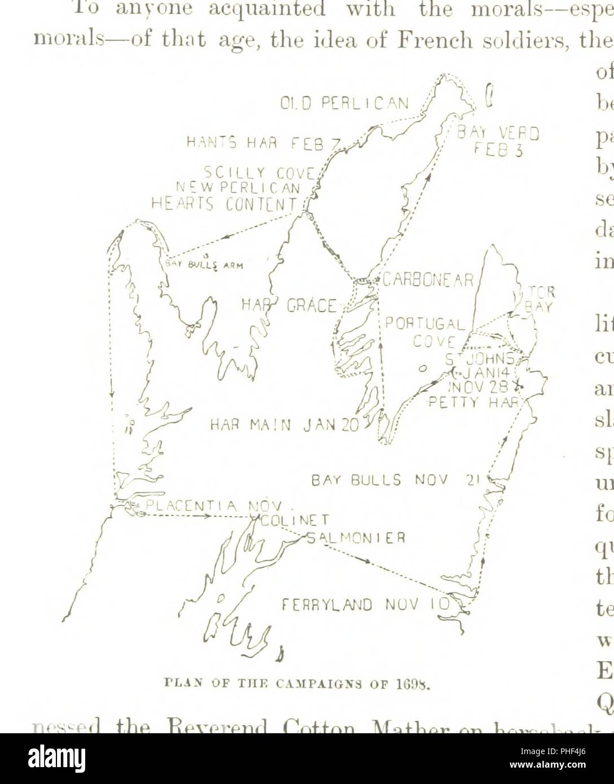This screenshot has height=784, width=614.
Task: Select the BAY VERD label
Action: point(499,134)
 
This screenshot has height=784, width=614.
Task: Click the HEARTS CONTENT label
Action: point(224,203)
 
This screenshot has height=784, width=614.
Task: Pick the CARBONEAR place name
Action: point(428,280)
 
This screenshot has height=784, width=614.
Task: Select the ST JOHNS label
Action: point(480,359)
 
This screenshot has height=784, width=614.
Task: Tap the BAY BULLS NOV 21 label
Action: point(395,481)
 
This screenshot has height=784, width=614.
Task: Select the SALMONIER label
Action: point(356,537)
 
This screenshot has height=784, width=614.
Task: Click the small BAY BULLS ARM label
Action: point(204,265)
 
